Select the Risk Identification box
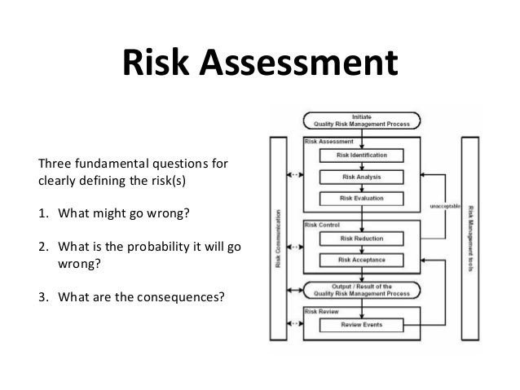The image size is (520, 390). [x=363, y=156]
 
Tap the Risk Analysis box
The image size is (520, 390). [x=363, y=176]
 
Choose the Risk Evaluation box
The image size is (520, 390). [x=363, y=197]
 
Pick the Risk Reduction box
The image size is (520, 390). [x=363, y=239]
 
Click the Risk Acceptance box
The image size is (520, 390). [x=363, y=260]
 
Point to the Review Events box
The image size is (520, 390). [x=363, y=326]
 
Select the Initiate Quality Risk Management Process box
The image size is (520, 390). [x=363, y=121]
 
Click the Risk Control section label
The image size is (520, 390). [x=321, y=224]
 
